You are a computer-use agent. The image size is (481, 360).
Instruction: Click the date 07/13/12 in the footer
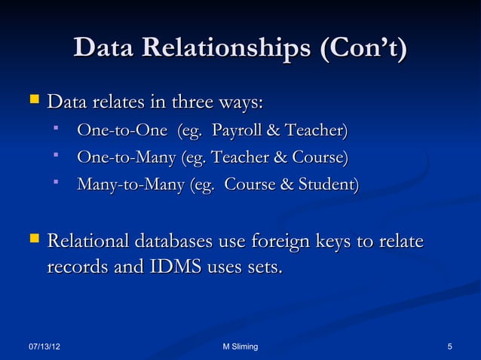pos(43,346)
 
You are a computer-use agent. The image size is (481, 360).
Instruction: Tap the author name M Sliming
pos(240,346)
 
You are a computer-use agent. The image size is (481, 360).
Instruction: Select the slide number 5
pos(449,346)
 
